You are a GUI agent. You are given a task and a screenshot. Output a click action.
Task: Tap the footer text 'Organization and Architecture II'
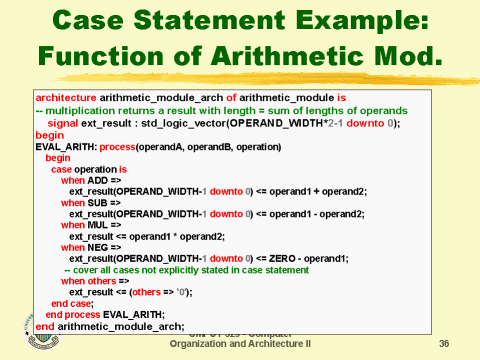[240, 343]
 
